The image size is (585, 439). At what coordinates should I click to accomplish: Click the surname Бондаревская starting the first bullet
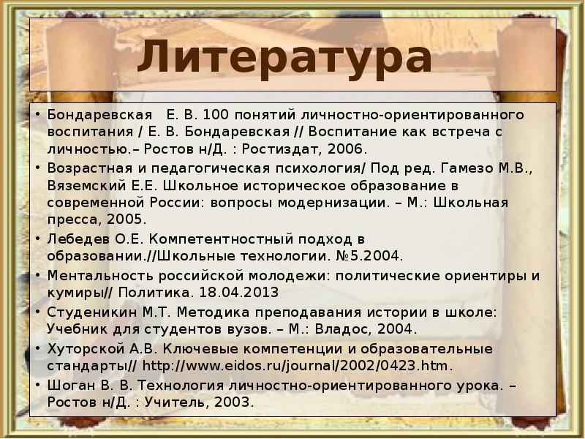100,116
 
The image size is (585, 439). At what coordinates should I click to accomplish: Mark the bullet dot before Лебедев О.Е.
38,239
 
